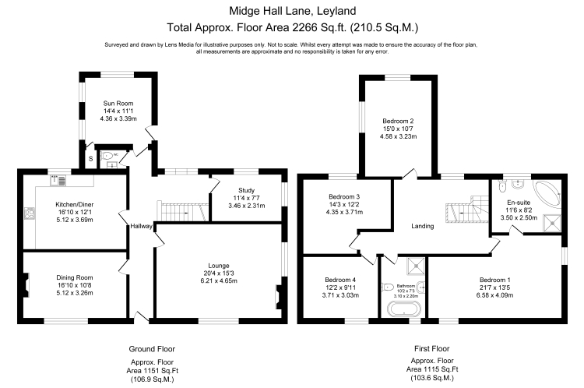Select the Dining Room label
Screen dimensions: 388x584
click(x=75, y=277)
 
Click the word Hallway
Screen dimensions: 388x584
click(x=142, y=226)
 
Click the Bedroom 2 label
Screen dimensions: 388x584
click(x=397, y=121)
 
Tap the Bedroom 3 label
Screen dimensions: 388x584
click(x=343, y=197)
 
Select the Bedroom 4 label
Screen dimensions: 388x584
click(x=339, y=280)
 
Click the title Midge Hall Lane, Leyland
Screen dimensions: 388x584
click(x=292, y=12)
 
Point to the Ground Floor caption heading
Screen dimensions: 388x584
click(x=151, y=349)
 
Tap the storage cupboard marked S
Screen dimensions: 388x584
click(x=90, y=160)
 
